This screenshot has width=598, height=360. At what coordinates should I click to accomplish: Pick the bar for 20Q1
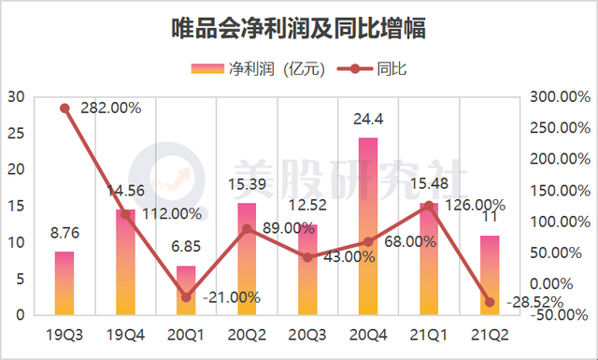point(186,291)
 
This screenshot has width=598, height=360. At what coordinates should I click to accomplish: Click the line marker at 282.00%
point(64,108)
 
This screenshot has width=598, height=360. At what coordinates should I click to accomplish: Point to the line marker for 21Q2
point(490,301)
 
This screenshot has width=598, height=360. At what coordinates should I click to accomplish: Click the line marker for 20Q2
point(247,228)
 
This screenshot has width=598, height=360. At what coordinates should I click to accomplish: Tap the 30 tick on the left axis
point(17,96)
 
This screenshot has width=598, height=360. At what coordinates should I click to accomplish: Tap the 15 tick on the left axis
point(17,206)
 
